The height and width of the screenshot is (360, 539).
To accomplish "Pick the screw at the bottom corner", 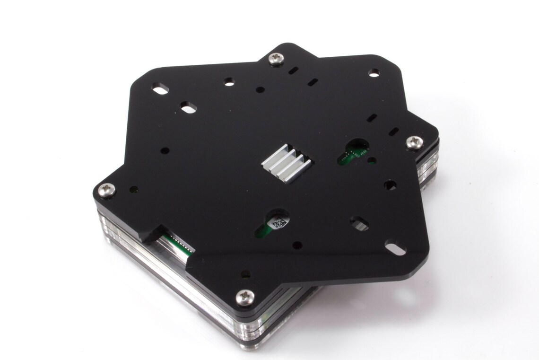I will click(245, 297).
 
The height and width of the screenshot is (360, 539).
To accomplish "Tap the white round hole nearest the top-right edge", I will click(374, 72).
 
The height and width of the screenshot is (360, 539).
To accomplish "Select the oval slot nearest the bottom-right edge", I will click(395, 247).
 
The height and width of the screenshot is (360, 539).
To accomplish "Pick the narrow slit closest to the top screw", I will click(293, 70).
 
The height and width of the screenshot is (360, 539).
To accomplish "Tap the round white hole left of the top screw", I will click(229, 81).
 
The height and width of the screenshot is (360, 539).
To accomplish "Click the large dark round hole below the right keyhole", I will click(390, 184).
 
